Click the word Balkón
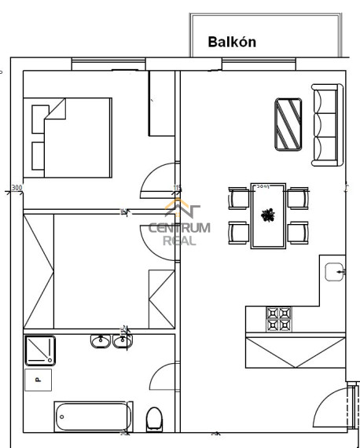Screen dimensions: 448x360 click(232, 42)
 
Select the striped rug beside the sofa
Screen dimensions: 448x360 click(288, 123)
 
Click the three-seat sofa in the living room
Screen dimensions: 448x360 click(326, 125)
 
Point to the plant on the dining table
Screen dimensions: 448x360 click(268, 215)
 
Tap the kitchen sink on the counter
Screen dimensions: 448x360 click(334, 271)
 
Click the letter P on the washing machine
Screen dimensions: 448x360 click(38, 380)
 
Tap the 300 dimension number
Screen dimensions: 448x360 click(17, 189)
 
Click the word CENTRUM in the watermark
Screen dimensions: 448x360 click(180, 229)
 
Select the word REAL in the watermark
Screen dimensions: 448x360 click(179, 241)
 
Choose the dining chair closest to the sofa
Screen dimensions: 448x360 click(297, 196)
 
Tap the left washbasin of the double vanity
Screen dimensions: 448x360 click(100, 341)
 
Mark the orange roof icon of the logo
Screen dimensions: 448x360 click(182, 209)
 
